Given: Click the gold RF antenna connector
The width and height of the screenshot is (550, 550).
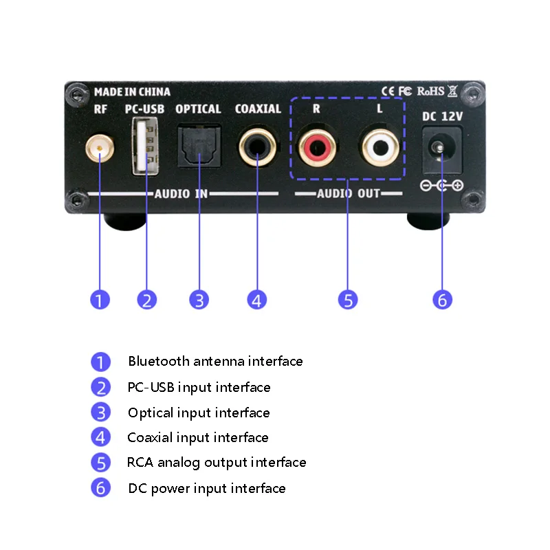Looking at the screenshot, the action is [100, 148].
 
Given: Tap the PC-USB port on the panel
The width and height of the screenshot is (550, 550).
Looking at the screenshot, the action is [145, 146].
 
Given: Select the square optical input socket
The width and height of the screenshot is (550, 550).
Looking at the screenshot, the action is [199, 146].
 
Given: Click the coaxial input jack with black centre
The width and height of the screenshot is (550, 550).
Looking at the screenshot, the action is [257, 146].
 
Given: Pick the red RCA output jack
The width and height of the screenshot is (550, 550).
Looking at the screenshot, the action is [317, 147].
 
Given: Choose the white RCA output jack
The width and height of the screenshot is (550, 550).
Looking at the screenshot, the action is [380, 147].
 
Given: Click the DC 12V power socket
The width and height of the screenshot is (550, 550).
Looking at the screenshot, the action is [441, 150].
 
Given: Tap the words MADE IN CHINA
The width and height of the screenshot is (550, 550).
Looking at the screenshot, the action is [132, 92].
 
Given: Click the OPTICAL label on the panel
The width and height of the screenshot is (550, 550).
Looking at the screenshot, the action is [198, 109].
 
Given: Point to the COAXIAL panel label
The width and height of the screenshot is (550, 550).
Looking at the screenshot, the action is [258, 109].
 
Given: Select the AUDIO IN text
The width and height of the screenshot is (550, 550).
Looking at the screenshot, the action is [181, 194].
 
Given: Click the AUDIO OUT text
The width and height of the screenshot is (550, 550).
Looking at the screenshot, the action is [349, 193].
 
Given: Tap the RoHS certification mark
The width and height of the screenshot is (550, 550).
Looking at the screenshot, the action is [431, 91].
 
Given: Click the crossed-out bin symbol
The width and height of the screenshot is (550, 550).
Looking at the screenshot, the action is [452, 91].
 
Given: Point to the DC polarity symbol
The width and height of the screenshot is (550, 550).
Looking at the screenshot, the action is [442, 185].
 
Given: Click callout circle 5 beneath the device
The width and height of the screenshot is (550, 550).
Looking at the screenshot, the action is [348, 300].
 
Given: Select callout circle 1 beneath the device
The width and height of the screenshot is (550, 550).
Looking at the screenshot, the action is [100, 300].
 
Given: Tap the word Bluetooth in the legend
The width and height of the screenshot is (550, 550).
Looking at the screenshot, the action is [159, 361].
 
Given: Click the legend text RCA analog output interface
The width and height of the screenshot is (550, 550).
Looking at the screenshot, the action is [217, 462].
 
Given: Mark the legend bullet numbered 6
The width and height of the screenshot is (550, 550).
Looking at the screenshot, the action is [100, 487].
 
